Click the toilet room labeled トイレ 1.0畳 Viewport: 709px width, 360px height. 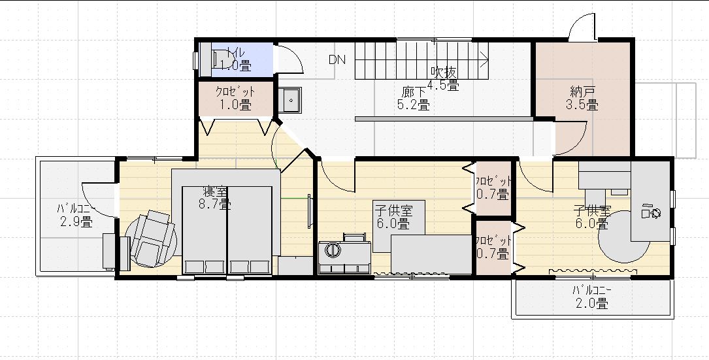click(x=235, y=59)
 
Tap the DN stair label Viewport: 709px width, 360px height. click(x=337, y=60)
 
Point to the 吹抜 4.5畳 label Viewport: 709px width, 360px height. click(x=443, y=78)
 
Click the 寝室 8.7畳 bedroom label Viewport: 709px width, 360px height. click(x=216, y=198)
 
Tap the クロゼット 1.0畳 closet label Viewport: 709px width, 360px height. click(x=235, y=99)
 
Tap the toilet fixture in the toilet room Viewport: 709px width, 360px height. click(x=220, y=59)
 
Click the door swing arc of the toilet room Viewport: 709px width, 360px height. click(x=291, y=59)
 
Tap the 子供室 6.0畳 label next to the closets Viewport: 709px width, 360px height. click(x=393, y=217)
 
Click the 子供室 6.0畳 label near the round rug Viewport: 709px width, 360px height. click(x=592, y=217)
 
